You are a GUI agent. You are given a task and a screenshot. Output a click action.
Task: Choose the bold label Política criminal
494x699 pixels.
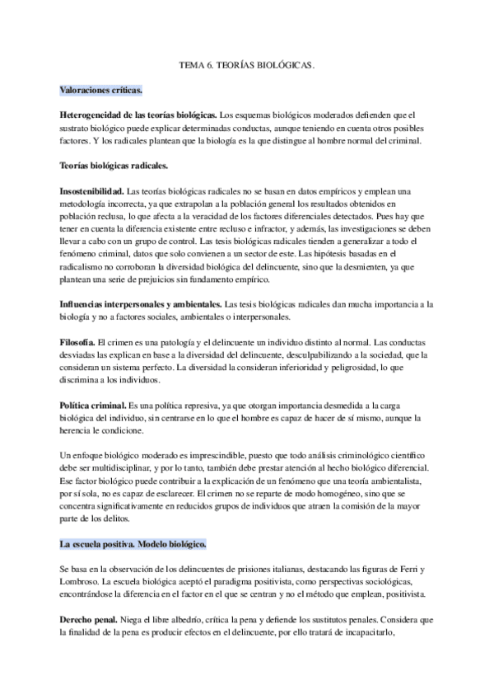click(93, 406)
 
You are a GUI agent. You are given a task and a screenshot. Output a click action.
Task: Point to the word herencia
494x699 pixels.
click(76, 431)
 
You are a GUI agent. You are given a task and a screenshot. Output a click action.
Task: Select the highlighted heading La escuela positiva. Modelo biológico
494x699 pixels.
click(133, 545)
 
